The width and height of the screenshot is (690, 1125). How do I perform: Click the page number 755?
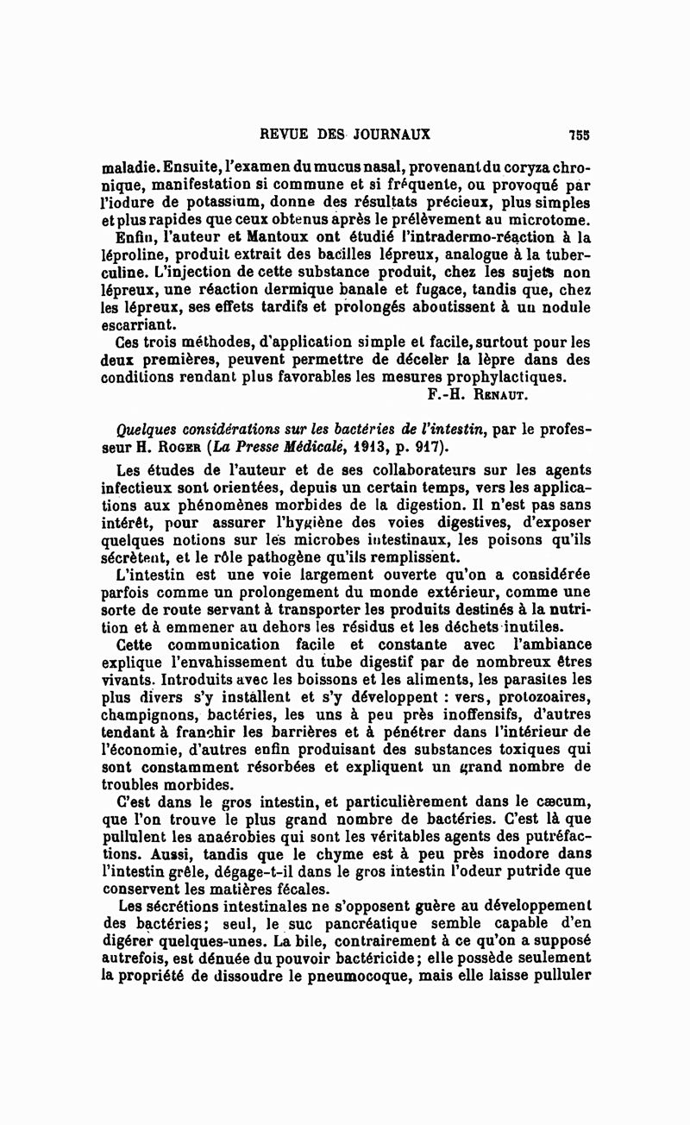tap(579, 135)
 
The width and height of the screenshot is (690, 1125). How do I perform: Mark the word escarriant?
tap(138, 325)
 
